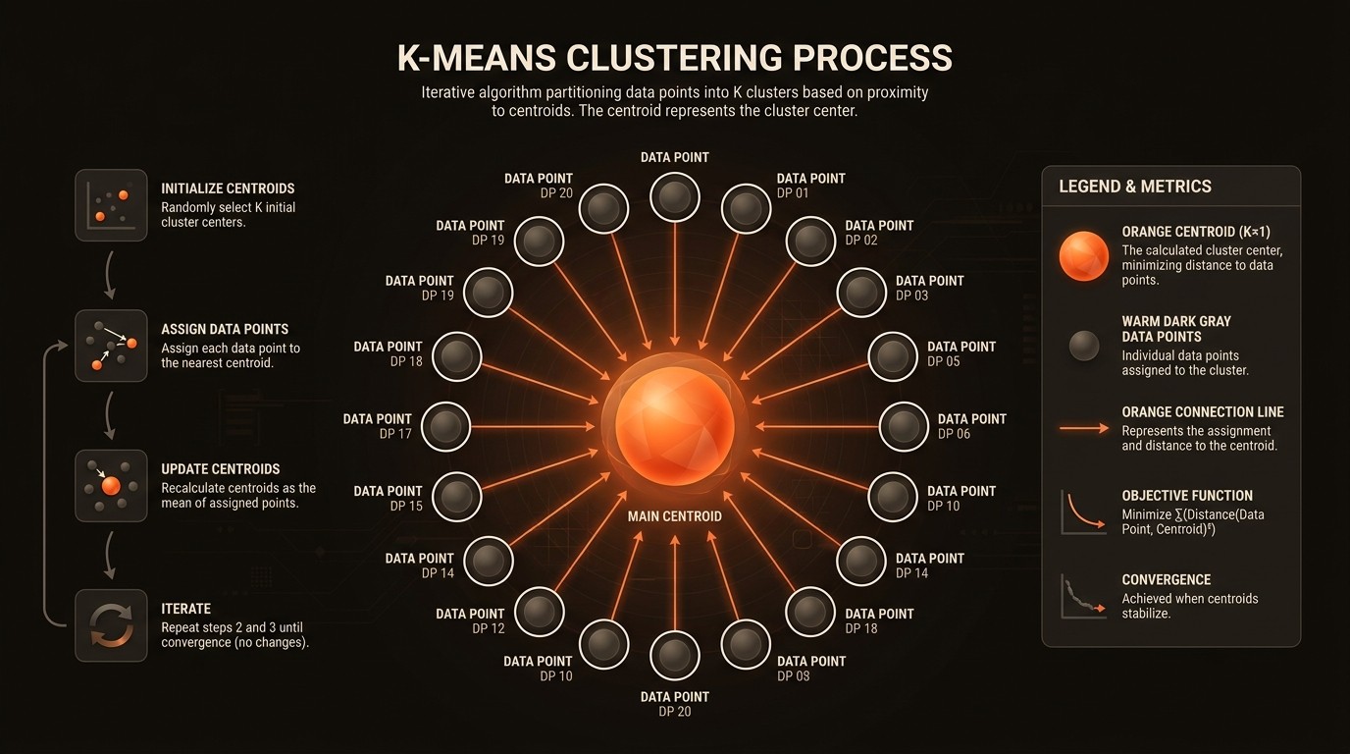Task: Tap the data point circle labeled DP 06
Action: click(904, 426)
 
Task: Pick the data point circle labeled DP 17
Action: click(445, 426)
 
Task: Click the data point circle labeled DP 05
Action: click(892, 356)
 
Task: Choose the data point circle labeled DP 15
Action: click(456, 497)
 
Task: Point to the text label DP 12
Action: click(488, 628)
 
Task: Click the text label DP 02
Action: click(861, 241)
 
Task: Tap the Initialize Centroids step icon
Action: click(111, 205)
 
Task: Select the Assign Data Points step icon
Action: click(111, 346)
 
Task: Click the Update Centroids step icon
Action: click(111, 485)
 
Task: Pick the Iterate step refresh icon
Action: click(111, 625)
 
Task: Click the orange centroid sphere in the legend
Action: click(1083, 255)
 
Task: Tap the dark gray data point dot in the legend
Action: click(1083, 346)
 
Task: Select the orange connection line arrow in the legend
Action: click(1083, 429)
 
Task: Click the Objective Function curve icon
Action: click(1083, 512)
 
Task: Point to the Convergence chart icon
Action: click(1083, 596)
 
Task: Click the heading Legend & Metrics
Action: click(1134, 187)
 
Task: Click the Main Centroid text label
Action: click(674, 516)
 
